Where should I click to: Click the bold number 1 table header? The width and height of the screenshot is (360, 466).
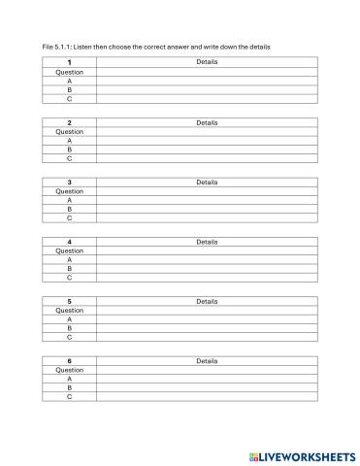tap(70, 62)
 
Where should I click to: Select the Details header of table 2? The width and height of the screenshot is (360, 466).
tap(207, 122)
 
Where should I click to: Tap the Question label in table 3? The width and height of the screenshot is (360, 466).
tap(70, 191)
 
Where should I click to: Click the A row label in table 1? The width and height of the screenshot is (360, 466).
tap(70, 81)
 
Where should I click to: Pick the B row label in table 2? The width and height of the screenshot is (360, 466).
tap(70, 150)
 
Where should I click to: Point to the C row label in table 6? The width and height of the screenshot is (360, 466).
tap(70, 397)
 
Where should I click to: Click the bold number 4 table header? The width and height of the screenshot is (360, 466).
tap(70, 242)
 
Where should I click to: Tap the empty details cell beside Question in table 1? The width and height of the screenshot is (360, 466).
tap(207, 72)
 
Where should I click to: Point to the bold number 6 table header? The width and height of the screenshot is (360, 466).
tap(70, 360)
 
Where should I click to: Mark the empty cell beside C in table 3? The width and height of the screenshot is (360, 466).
tap(207, 218)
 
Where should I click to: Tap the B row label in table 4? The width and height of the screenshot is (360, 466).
tap(70, 269)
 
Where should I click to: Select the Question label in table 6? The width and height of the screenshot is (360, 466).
tap(70, 370)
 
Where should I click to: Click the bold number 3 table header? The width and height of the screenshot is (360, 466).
tap(70, 182)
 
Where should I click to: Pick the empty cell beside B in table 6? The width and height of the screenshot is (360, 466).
tap(207, 388)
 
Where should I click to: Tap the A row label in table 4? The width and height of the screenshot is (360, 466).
tap(70, 260)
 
